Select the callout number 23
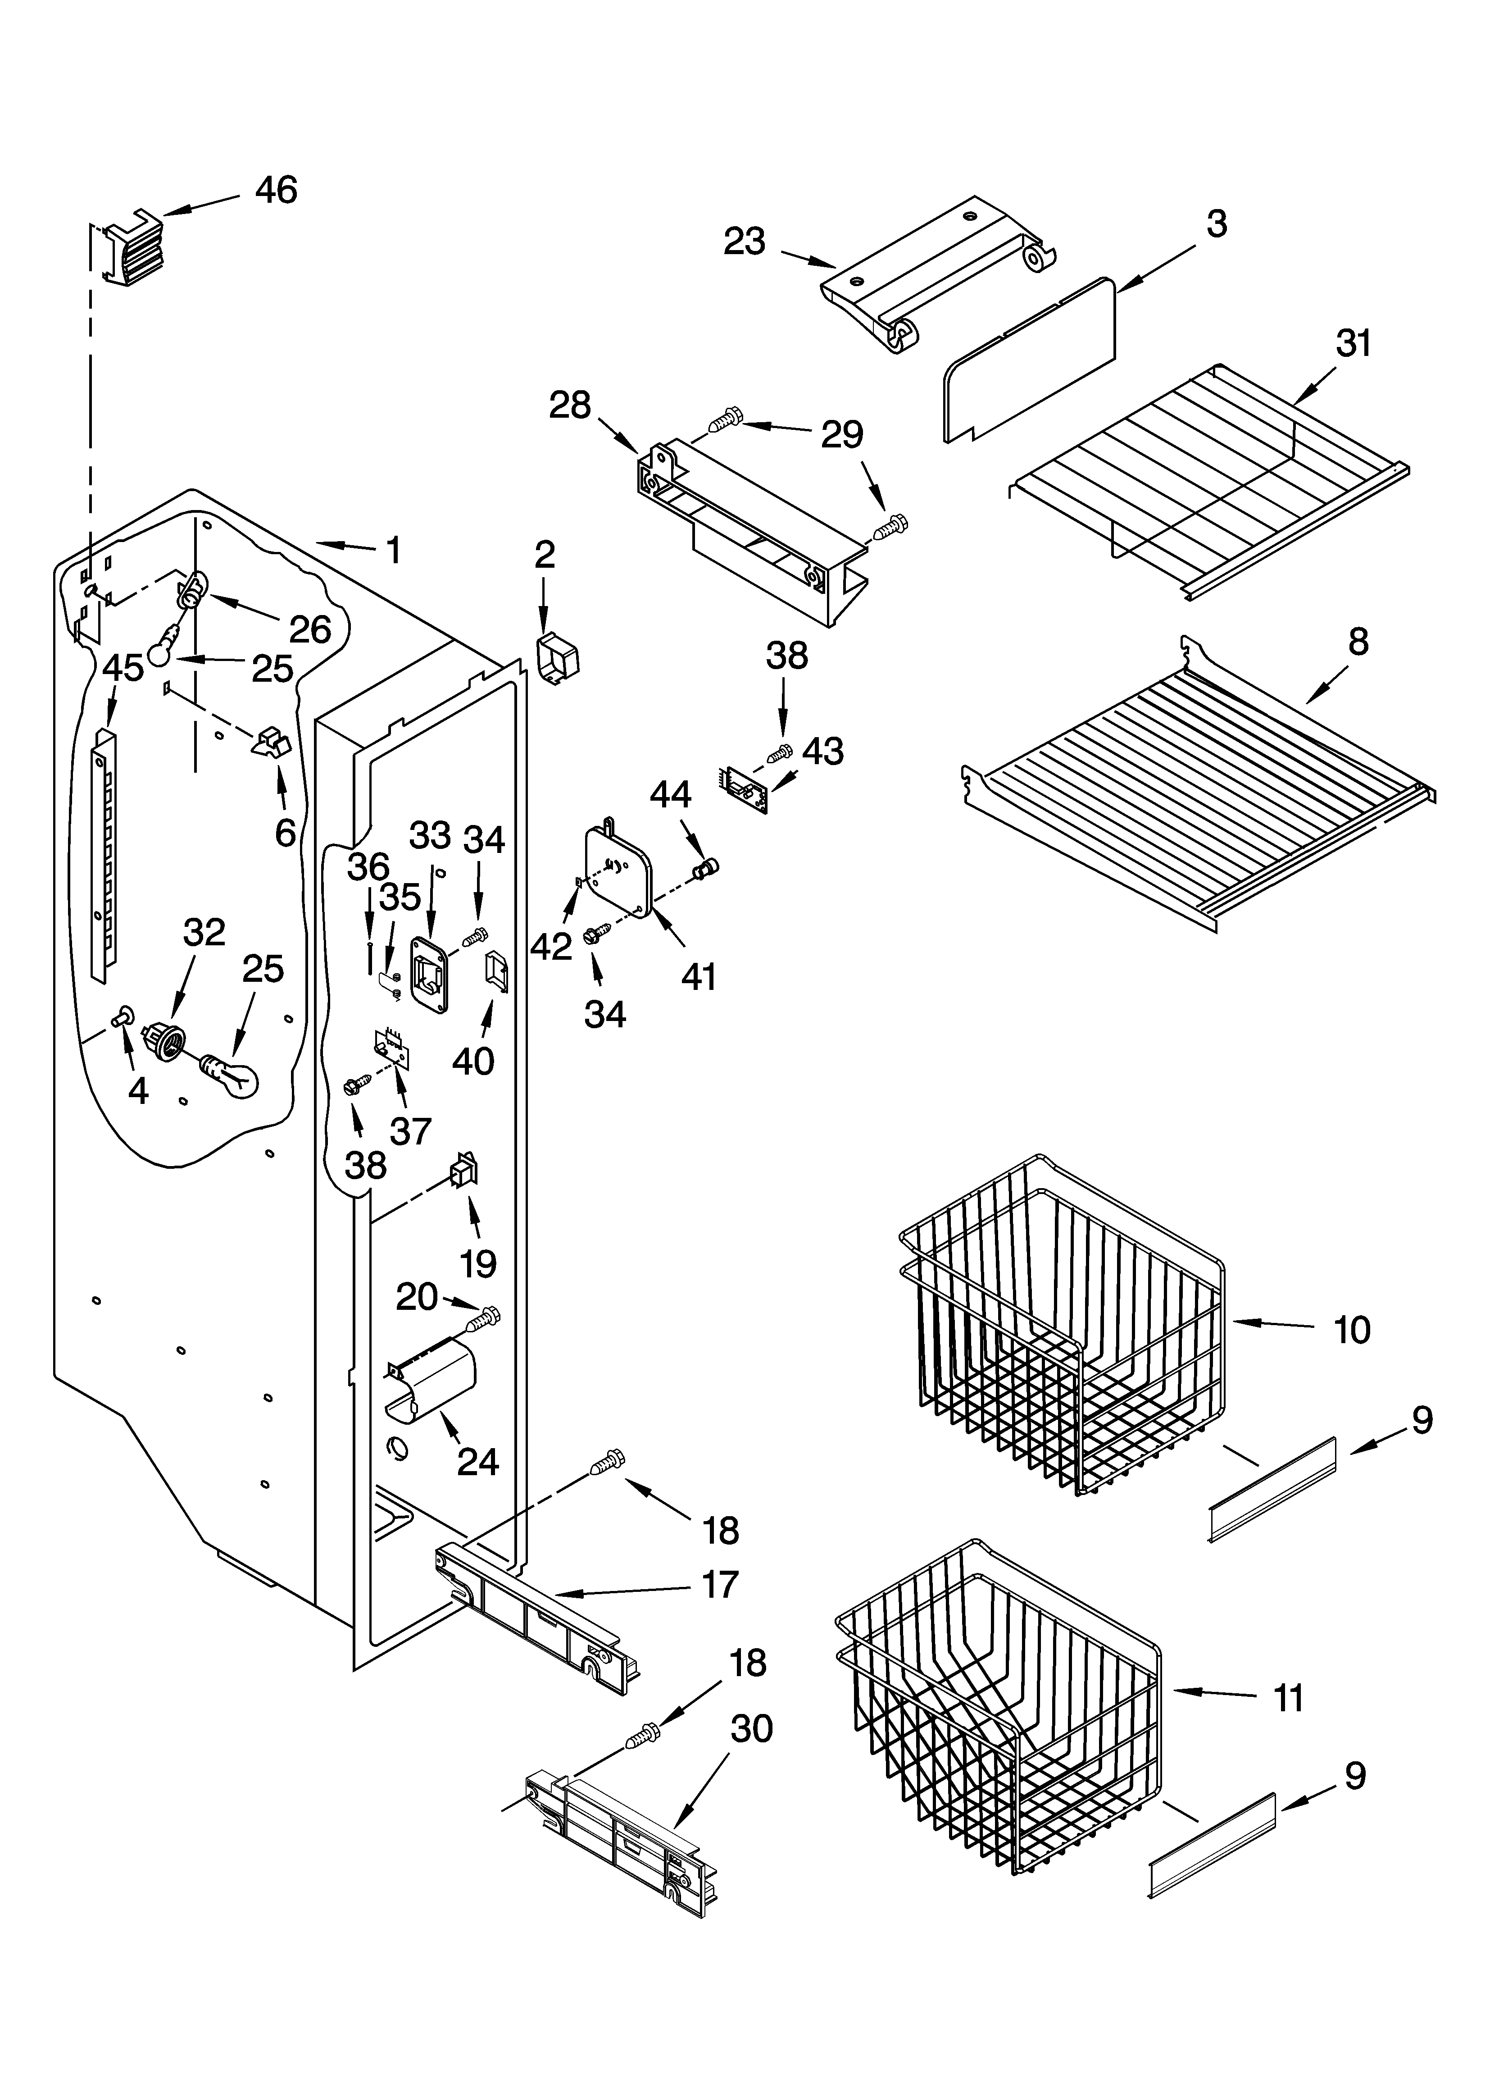pos(744,242)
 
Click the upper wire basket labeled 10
pos(1065,1322)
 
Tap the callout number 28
pos(569,405)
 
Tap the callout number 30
pos(751,1729)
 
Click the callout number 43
pos(823,751)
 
